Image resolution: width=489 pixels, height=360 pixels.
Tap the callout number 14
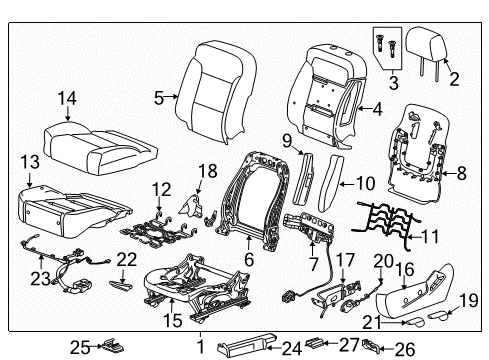66,97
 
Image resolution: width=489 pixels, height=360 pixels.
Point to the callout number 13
30,159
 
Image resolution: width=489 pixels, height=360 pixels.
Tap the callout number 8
461,173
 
